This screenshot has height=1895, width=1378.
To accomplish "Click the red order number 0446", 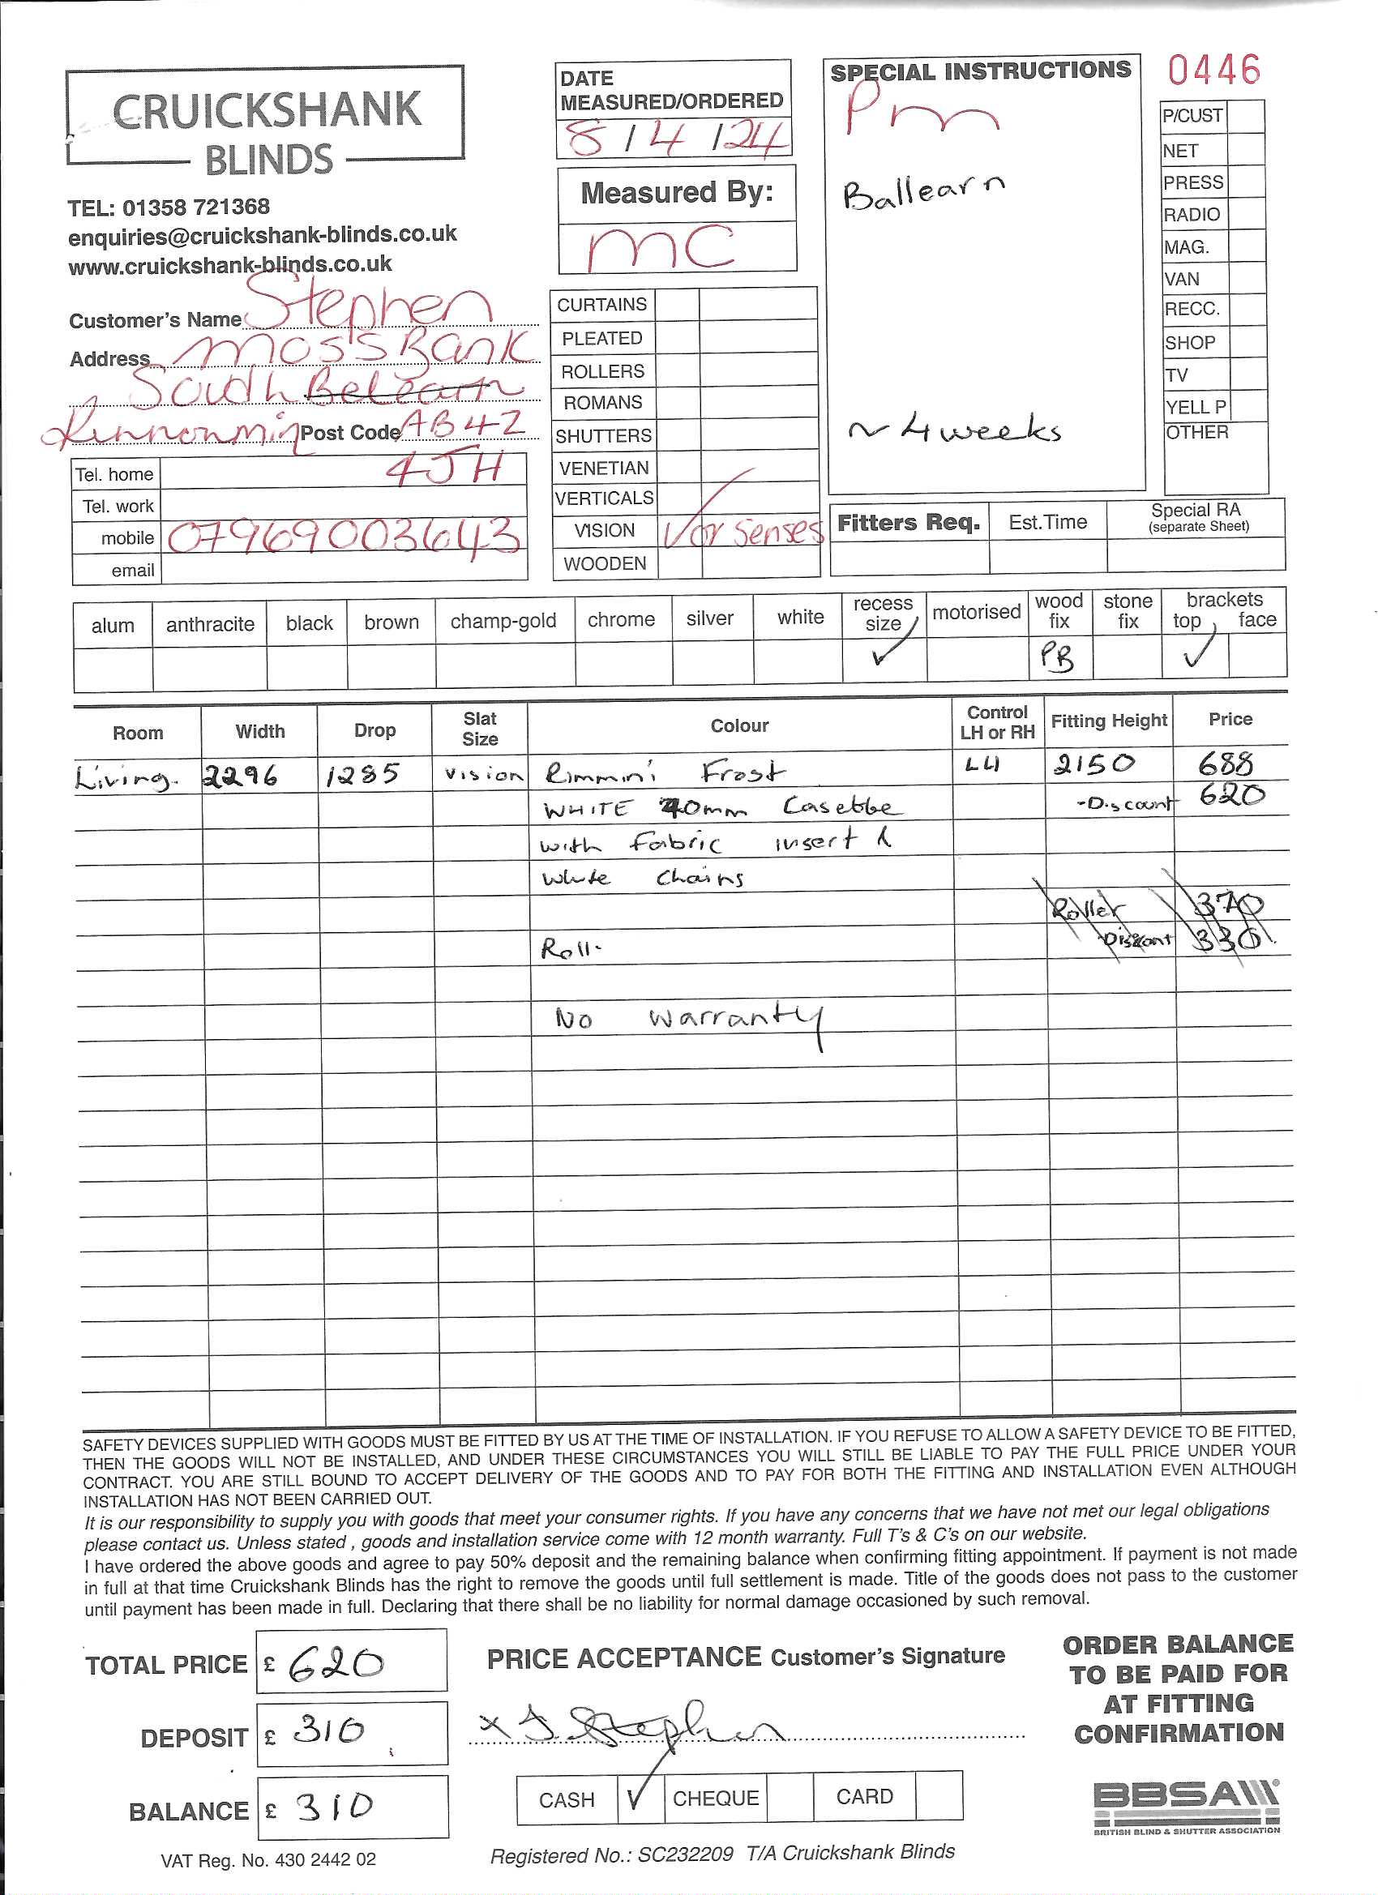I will pyautogui.click(x=1213, y=71).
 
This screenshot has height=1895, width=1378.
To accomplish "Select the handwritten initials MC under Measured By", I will pyautogui.click(x=660, y=248).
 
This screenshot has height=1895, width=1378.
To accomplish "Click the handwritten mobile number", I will pyautogui.click(x=344, y=537).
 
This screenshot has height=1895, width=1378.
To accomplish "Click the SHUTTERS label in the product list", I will pyautogui.click(x=603, y=435).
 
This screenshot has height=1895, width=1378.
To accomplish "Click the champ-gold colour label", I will pyautogui.click(x=503, y=621).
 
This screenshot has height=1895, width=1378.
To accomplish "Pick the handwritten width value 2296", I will pyautogui.click(x=240, y=777).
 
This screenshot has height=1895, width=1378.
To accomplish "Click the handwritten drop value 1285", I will pyautogui.click(x=362, y=776).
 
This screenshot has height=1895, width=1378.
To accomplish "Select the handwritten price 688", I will pyautogui.click(x=1225, y=764).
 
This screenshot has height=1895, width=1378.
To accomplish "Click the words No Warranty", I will pyautogui.click(x=691, y=1019).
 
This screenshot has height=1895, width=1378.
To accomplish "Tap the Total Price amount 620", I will pyautogui.click(x=336, y=1664).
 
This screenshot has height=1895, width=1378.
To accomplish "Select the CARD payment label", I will pyautogui.click(x=864, y=1796).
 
